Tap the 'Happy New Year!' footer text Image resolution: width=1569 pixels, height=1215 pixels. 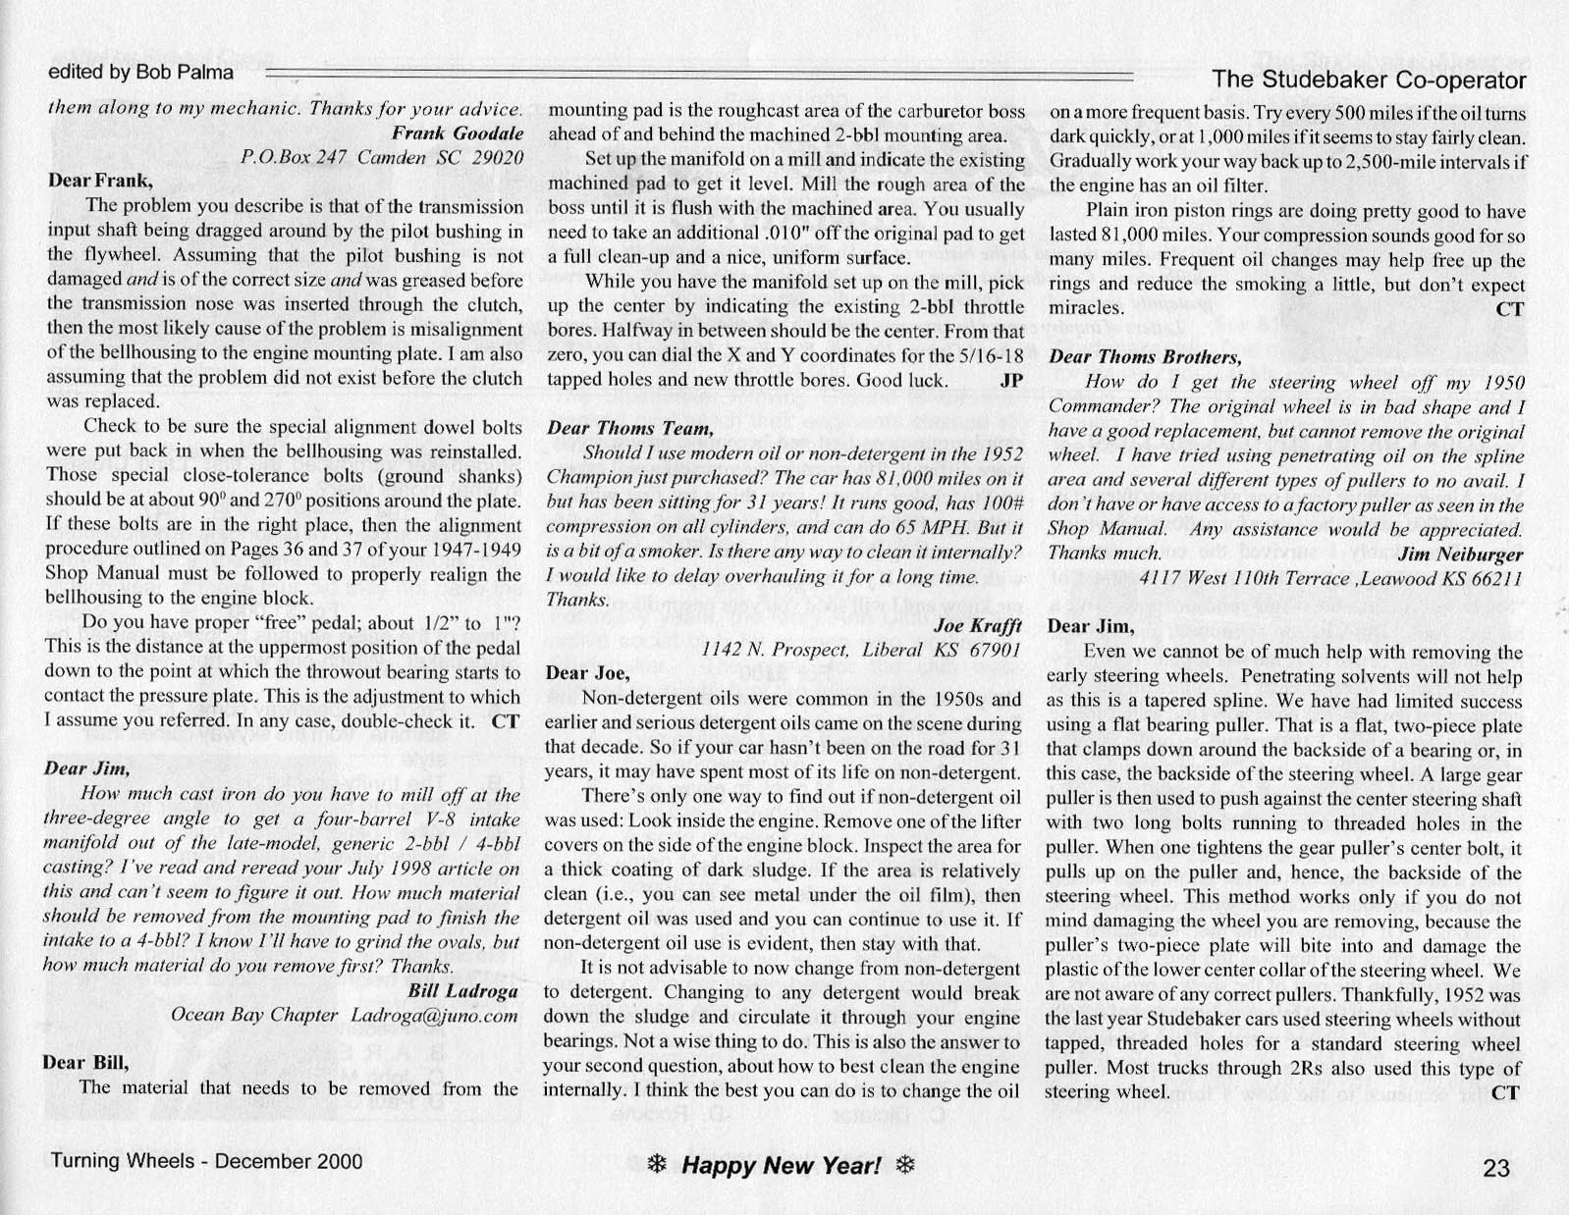782,1165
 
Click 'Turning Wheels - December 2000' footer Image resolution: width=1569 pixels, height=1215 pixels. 206,1161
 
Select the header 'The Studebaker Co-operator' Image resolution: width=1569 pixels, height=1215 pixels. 1369,79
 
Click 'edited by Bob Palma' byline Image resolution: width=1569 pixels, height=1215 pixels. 141,72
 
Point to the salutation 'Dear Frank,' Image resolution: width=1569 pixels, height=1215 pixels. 100,181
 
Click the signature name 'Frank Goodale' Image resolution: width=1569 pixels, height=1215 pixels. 458,132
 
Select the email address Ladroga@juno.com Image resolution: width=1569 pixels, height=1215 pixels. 434,1015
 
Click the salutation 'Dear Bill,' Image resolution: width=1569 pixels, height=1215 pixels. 85,1062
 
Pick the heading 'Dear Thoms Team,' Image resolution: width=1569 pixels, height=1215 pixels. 628,428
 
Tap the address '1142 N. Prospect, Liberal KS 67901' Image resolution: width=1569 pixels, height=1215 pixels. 861,650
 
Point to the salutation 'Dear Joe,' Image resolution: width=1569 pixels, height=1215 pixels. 587,673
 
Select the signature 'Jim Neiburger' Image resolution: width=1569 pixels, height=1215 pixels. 1460,554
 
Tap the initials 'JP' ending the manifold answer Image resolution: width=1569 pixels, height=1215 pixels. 1011,380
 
